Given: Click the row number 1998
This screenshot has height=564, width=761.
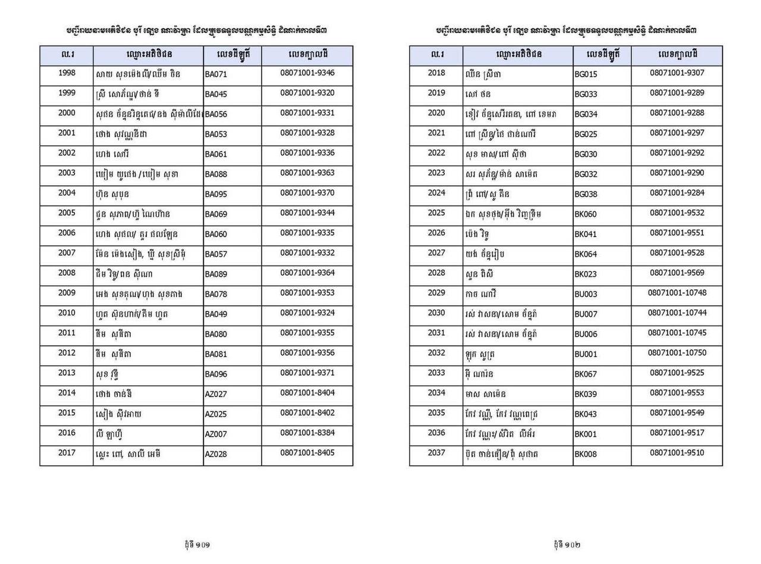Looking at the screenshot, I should click(x=67, y=73).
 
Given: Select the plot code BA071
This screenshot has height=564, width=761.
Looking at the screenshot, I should click(x=216, y=75).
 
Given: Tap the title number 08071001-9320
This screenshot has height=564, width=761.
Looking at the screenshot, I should click(x=307, y=93).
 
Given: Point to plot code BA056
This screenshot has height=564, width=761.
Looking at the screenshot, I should click(x=216, y=115).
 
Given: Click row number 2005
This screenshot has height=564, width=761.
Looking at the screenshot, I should click(x=67, y=213).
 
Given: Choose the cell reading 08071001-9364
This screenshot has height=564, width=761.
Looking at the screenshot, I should click(x=307, y=273).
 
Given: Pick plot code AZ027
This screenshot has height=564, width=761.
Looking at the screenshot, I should click(x=216, y=394).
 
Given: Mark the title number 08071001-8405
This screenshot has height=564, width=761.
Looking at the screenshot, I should click(x=307, y=453).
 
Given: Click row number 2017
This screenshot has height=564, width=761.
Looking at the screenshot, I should click(x=67, y=453).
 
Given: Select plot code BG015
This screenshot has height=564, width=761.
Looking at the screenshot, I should click(x=586, y=75).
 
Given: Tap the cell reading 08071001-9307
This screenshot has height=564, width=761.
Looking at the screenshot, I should click(x=677, y=73).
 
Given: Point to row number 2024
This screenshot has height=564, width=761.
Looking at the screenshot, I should click(x=436, y=193).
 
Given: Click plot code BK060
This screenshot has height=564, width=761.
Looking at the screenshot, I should click(x=586, y=215).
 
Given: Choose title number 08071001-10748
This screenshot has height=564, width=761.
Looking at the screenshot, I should click(x=677, y=293).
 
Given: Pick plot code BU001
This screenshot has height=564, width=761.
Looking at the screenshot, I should click(x=586, y=354).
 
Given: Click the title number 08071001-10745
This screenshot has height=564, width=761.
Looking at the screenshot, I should click(x=677, y=333).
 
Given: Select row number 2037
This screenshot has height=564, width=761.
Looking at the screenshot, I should click(x=436, y=453).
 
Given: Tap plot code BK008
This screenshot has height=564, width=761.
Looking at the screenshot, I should click(x=586, y=455).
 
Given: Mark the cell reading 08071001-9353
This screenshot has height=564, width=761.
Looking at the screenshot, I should click(x=307, y=293).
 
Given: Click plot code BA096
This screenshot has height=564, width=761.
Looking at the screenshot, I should click(x=216, y=374).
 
